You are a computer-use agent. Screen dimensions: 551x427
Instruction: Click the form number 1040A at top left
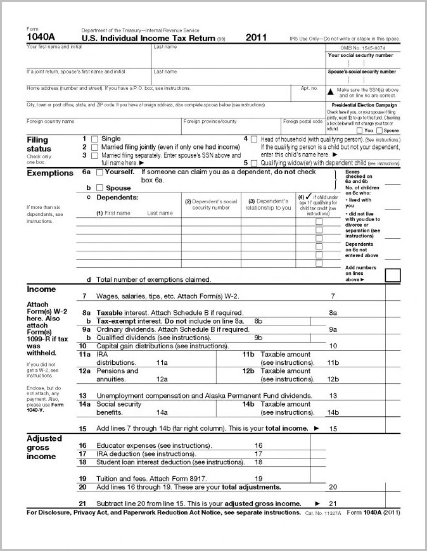click(x=39, y=37)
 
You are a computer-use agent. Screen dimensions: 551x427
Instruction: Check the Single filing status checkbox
click(x=95, y=139)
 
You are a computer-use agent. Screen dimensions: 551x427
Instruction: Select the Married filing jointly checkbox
click(x=95, y=147)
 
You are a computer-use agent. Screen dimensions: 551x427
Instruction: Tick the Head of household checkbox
click(x=254, y=139)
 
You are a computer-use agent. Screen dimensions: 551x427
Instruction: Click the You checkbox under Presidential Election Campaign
click(x=359, y=130)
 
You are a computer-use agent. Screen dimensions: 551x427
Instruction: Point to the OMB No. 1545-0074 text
click(x=363, y=48)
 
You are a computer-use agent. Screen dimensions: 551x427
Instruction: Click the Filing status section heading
click(x=37, y=144)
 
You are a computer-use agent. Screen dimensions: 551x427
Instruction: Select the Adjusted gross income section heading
click(x=44, y=447)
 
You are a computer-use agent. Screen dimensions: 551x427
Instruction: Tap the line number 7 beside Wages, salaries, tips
click(x=84, y=296)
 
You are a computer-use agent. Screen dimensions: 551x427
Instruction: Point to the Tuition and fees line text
click(x=152, y=478)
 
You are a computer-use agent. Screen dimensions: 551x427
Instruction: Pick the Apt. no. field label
click(x=309, y=88)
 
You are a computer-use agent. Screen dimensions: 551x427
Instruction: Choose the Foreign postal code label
click(x=303, y=121)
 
